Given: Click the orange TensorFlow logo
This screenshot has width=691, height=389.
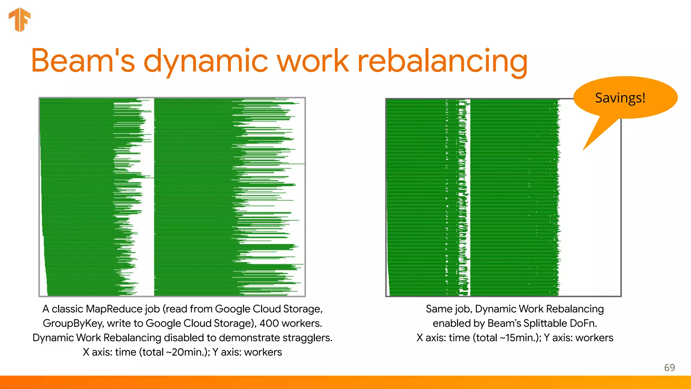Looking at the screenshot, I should pyautogui.click(x=20, y=20).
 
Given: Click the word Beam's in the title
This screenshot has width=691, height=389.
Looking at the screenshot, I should pyautogui.click(x=83, y=61).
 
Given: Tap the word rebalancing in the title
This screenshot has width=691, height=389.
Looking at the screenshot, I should pyautogui.click(x=442, y=61).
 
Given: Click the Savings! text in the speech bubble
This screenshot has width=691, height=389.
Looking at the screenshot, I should pyautogui.click(x=620, y=98).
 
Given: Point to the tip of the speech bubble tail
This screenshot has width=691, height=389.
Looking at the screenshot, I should pyautogui.click(x=583, y=150).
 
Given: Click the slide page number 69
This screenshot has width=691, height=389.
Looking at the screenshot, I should pyautogui.click(x=669, y=367).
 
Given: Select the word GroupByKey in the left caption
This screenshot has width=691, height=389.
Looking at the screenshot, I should pyautogui.click(x=73, y=323).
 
